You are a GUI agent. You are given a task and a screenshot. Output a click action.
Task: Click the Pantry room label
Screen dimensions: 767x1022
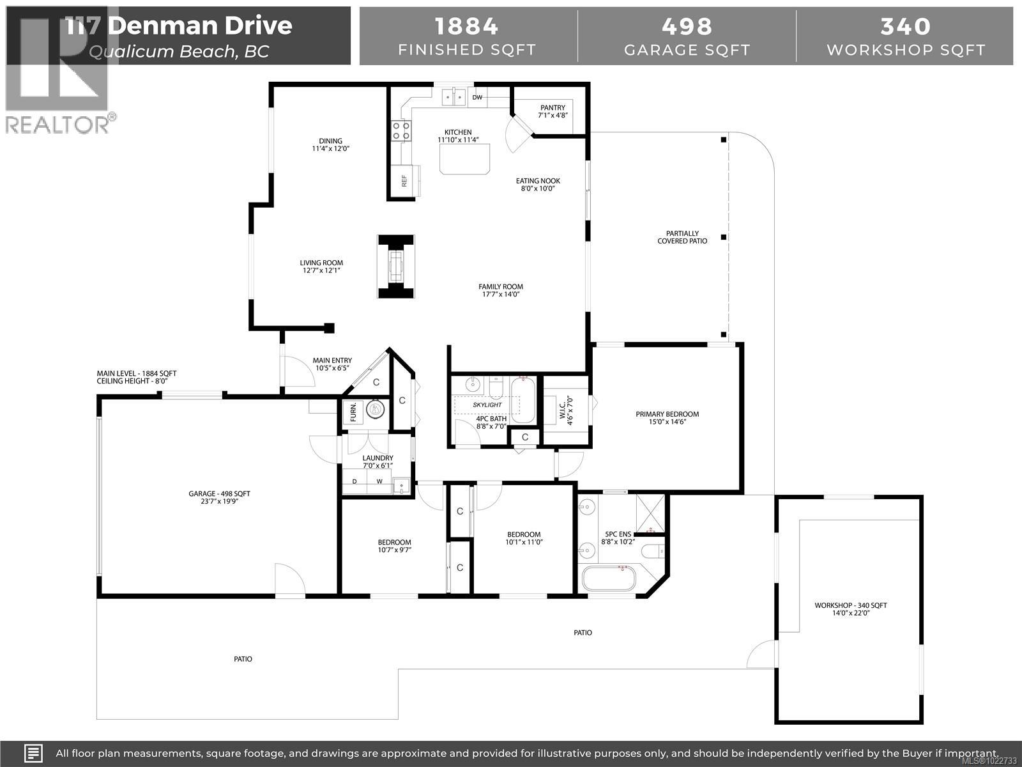tap(553, 107)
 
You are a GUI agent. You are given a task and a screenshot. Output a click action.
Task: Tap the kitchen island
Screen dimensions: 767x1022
tap(465, 159)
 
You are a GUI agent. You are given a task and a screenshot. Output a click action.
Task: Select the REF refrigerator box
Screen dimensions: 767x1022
tap(404, 181)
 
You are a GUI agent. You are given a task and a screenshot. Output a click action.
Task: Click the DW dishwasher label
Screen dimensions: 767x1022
tap(477, 98)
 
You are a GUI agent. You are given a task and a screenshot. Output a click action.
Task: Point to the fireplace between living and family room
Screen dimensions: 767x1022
tap(396, 266)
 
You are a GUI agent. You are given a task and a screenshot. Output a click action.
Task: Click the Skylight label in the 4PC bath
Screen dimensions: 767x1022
tap(487, 405)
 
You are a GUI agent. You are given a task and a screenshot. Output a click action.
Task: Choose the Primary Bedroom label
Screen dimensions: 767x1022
tap(667, 414)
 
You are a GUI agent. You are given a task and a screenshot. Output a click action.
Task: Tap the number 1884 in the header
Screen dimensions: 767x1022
tap(466, 26)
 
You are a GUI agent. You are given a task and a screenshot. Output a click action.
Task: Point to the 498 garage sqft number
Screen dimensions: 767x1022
tap(687, 26)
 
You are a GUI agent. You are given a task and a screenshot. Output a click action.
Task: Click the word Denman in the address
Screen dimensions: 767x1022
tap(199, 26)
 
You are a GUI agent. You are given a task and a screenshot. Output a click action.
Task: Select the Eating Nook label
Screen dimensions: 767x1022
tap(538, 181)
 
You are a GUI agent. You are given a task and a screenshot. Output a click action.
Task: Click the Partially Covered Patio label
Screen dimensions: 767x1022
tap(682, 237)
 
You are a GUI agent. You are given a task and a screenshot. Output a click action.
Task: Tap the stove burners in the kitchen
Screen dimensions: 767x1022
tap(400, 131)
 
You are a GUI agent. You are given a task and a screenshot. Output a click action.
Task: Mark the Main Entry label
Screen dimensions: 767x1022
tap(332, 360)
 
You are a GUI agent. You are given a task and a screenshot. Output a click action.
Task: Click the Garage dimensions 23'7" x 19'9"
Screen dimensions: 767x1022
tap(218, 502)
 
